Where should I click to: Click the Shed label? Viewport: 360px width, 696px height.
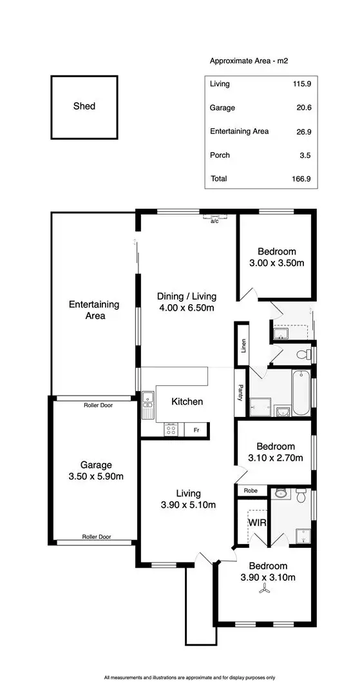pos(84,106)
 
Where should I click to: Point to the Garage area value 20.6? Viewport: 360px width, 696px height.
pos(303,108)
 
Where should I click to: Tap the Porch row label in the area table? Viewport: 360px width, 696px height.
pos(220,155)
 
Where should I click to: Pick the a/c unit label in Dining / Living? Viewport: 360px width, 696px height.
pos(214,221)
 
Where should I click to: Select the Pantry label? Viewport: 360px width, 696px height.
pos(240,393)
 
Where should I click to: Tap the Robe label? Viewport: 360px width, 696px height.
pos(251,490)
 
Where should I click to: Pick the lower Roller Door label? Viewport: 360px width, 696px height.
pos(97,536)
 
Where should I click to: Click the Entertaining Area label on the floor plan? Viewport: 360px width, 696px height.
pos(95,310)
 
